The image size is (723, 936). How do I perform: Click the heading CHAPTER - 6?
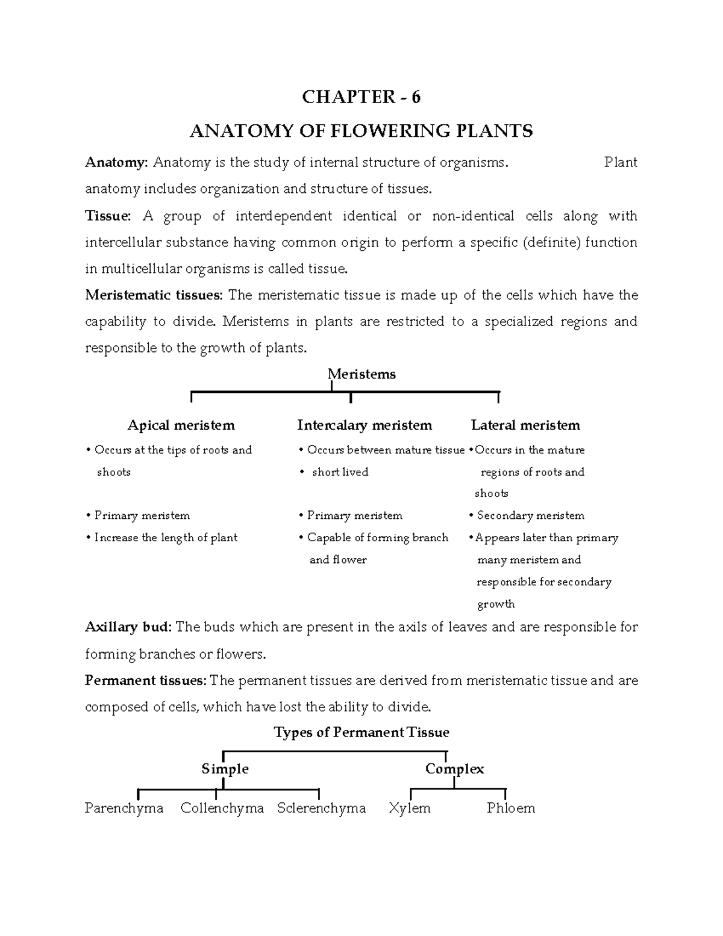[x=361, y=97]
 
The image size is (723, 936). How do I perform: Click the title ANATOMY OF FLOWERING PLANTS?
[x=361, y=131]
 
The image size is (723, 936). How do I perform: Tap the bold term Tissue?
[x=108, y=216]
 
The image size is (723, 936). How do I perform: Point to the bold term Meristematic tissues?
[x=154, y=295]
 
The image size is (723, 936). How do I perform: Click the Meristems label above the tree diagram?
[x=361, y=374]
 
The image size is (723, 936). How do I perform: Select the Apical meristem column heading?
[x=181, y=426]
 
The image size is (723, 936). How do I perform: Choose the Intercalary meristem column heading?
[x=365, y=426]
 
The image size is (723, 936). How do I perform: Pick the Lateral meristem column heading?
[x=525, y=426]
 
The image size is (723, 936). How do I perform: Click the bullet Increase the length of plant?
[x=166, y=538]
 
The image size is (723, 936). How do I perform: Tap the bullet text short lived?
[x=340, y=472]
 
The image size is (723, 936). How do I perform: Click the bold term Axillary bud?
[x=128, y=627]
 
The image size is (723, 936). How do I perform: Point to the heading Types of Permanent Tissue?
[x=361, y=732]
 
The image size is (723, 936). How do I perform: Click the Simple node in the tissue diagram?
[x=225, y=769]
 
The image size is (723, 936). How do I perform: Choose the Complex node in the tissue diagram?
[x=454, y=769]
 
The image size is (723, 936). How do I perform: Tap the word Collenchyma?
[x=222, y=808]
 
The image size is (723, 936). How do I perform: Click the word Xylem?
[x=409, y=808]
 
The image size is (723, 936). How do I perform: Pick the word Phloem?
[x=510, y=808]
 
